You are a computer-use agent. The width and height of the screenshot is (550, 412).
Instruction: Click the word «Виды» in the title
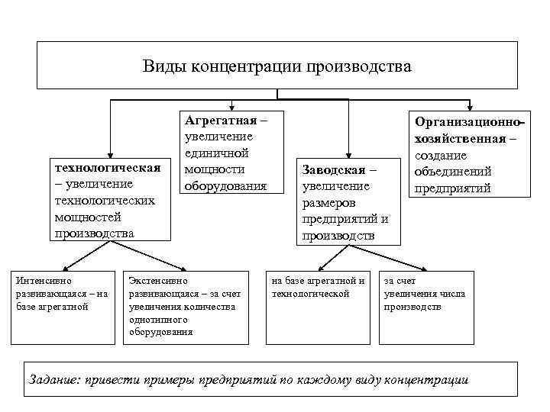(160, 66)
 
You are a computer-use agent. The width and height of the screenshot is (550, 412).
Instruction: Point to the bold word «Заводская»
(335, 169)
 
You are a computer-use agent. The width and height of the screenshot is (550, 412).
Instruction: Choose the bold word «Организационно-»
(471, 122)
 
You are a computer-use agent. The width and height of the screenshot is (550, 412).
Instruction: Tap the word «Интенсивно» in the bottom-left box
(44, 279)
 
